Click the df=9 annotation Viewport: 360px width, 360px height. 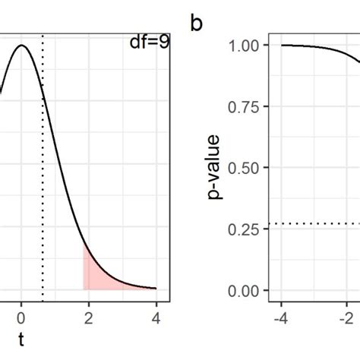point(149,43)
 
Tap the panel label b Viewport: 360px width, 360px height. point(197,24)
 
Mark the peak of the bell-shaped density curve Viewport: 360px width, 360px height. point(21,46)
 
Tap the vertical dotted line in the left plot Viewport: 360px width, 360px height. point(43,190)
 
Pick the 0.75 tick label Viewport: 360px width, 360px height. point(247,107)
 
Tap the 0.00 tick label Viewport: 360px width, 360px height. point(247,291)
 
